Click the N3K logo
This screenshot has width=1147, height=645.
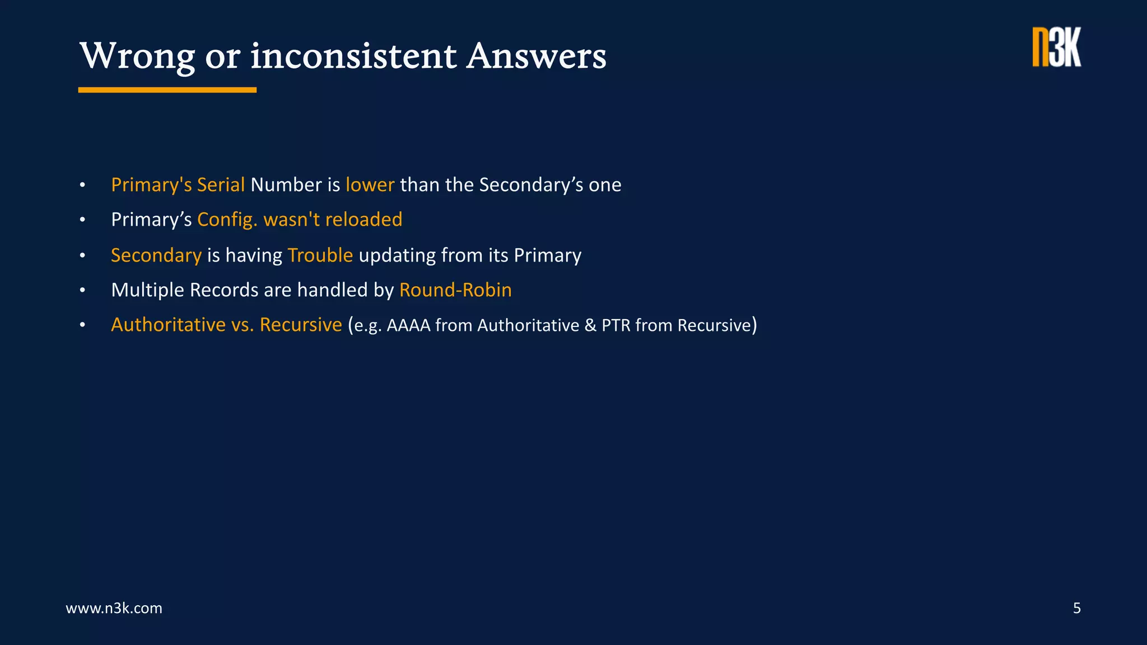tap(1056, 48)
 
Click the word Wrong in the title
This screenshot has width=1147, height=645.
tap(137, 57)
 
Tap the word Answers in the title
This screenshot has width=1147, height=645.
tap(536, 57)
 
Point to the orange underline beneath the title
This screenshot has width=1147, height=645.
tap(167, 90)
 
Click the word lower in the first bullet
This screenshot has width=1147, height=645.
tap(370, 185)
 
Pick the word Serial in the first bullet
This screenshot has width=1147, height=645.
tap(221, 185)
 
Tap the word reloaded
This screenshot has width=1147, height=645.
tap(363, 219)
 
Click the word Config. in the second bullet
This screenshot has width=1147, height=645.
tap(227, 219)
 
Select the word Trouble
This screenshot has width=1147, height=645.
tap(320, 255)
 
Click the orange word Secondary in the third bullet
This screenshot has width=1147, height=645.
tap(156, 255)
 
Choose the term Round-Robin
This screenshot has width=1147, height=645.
tap(455, 290)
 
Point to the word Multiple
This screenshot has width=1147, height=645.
tap(148, 290)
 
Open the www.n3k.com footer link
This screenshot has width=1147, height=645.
tap(114, 608)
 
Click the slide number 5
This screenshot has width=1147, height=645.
tap(1076, 608)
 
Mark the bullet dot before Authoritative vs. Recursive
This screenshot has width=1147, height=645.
tap(82, 325)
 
